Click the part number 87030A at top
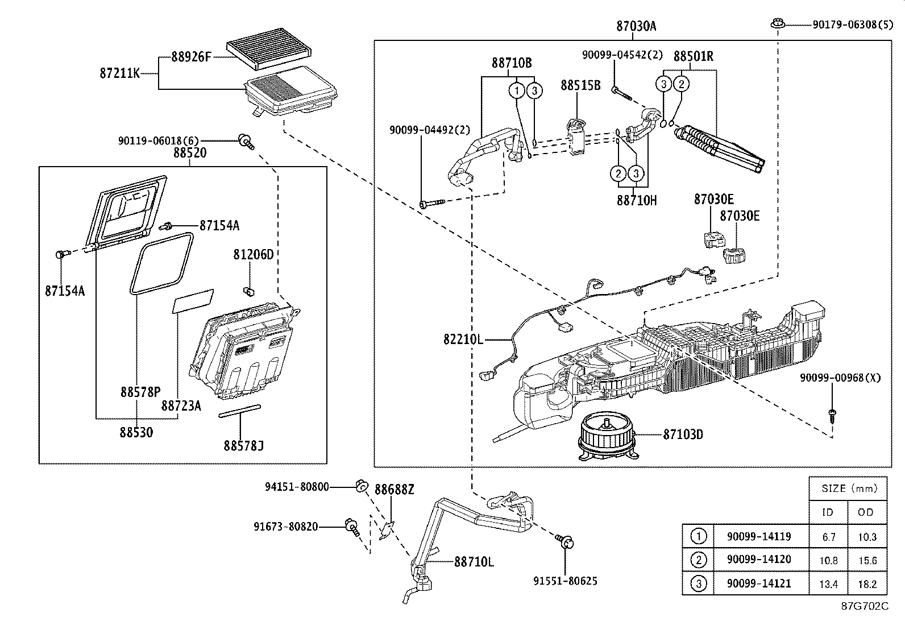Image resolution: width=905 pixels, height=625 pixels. (x=636, y=26)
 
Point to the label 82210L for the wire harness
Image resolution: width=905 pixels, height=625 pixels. (x=463, y=340)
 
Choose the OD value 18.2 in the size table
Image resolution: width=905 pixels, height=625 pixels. (x=867, y=583)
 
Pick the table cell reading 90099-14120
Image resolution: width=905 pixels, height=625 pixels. (x=758, y=560)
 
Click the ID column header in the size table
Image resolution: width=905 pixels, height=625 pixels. (x=828, y=512)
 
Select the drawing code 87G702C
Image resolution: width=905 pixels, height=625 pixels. (x=865, y=606)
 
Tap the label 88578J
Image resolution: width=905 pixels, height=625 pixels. (x=243, y=446)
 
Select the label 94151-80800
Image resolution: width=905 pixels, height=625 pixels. (x=297, y=487)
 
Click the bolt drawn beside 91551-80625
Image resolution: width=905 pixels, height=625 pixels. (x=566, y=541)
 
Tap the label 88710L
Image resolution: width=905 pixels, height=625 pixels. (x=474, y=562)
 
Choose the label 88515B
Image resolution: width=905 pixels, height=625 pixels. (x=580, y=85)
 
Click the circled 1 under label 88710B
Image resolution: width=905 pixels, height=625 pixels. (x=516, y=90)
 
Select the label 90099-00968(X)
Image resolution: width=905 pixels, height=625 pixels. (x=840, y=378)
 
